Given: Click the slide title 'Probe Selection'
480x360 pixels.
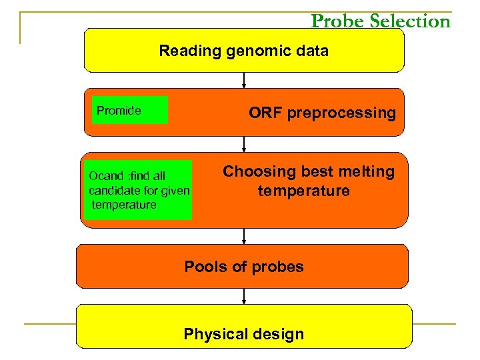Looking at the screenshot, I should click(381, 21).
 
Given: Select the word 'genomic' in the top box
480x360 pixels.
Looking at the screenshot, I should click(243, 51).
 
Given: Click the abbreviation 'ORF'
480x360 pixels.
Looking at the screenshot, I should click(263, 113).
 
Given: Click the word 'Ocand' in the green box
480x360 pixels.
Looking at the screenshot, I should click(105, 177).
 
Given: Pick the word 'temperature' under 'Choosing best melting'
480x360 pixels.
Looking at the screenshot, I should click(303, 191).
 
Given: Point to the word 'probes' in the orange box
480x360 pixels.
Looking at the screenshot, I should click(281, 267).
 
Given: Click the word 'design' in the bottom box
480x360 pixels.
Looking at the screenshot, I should click(280, 334).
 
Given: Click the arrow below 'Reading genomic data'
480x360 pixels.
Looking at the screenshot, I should click(245, 80).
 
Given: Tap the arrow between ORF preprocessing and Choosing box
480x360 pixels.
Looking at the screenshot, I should click(245, 144).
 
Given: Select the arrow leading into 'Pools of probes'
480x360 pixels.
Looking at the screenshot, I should click(245, 236).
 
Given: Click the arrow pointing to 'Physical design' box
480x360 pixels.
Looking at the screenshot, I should click(245, 296).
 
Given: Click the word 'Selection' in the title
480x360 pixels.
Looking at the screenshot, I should click(410, 21).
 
